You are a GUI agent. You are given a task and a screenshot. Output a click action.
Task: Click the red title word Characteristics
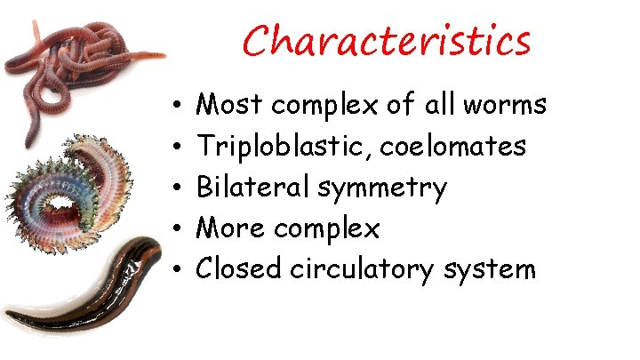(387, 41)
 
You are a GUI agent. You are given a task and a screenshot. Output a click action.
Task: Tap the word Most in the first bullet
(230, 106)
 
